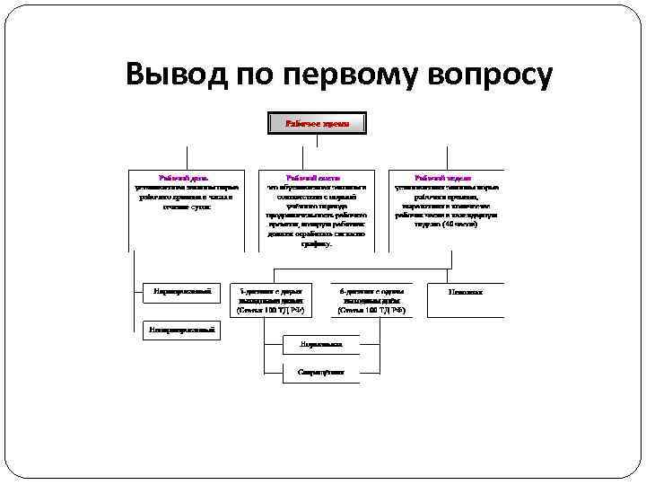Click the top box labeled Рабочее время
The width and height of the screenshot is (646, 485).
coord(317,122)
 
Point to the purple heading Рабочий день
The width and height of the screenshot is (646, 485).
coord(183,179)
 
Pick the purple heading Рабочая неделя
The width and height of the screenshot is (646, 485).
coord(444,179)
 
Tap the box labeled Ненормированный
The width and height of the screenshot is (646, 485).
coord(182,331)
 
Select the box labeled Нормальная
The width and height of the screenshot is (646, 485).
coord(320,344)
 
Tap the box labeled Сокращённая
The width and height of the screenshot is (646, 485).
coord(320,372)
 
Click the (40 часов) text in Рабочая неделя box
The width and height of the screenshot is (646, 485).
coord(459,224)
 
